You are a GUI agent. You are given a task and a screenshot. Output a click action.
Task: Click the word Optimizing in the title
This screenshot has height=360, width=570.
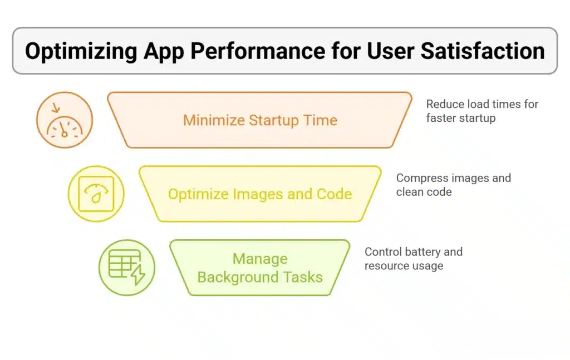[81, 51]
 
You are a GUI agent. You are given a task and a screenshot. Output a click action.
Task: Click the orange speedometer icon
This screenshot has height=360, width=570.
[64, 120]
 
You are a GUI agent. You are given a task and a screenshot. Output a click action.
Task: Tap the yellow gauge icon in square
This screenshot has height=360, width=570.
[96, 194]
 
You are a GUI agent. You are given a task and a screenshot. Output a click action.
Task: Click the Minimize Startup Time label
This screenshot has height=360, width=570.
[260, 120]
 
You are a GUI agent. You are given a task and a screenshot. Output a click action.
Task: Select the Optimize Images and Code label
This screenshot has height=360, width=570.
[260, 194]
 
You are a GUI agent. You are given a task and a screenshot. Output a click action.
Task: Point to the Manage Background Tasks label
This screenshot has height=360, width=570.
[260, 268]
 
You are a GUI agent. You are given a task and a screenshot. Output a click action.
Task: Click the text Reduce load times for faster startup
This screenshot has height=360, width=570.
[481, 111]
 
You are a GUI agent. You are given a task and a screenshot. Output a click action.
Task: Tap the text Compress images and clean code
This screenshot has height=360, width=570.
[453, 185]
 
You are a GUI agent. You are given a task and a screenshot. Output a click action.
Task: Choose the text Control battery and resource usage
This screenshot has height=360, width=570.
[413, 259]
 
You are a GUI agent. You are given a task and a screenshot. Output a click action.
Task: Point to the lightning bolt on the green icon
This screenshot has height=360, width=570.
[137, 275]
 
